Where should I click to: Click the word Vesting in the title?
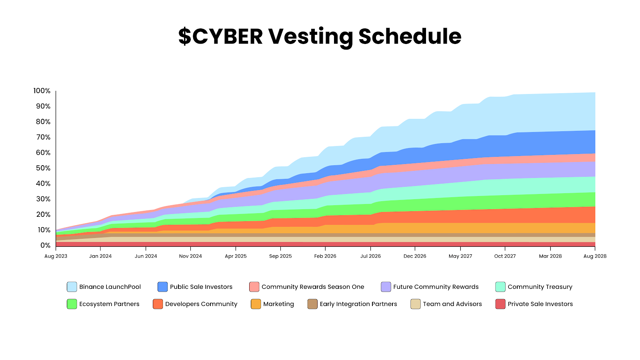tap(310, 36)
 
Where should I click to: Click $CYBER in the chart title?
tap(220, 36)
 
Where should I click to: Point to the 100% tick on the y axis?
tap(42, 91)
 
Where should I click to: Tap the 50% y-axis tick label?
tap(43, 168)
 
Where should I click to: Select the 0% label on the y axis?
tap(45, 245)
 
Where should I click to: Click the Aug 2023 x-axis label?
tap(56, 256)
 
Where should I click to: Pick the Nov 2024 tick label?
tap(190, 256)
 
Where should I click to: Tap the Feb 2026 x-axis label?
tap(325, 256)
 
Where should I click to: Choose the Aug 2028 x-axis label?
tap(595, 256)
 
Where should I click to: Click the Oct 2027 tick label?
tap(505, 256)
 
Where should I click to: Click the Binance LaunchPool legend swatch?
tap(72, 287)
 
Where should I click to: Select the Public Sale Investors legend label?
tap(201, 287)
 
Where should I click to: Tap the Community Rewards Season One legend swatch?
tap(254, 287)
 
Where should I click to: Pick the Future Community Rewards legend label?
tap(436, 287)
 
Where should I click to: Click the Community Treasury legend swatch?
tap(500, 287)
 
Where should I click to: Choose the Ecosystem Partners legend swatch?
tap(72, 304)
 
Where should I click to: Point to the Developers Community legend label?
tap(201, 304)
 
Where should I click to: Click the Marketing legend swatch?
tap(256, 304)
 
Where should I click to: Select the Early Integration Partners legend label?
tap(358, 304)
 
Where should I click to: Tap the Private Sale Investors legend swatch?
tap(500, 304)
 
